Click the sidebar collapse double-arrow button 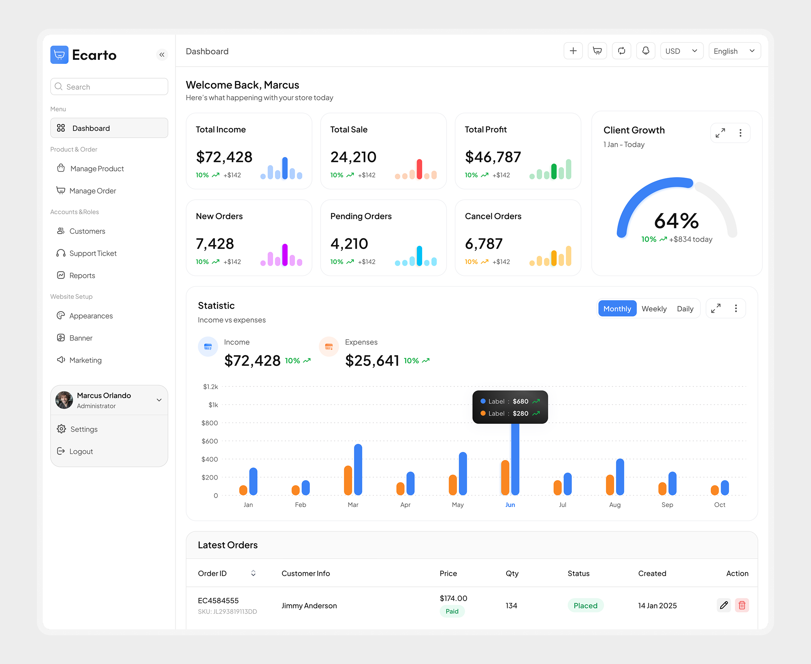tap(162, 55)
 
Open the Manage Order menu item tap(93, 191)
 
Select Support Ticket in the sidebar tap(93, 253)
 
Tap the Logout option tap(81, 452)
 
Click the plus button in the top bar tap(573, 51)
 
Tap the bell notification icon tap(645, 51)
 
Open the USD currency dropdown tap(682, 51)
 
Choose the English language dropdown tap(734, 51)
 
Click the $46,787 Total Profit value tap(492, 157)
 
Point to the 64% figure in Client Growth tap(676, 221)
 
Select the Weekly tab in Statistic tap(654, 309)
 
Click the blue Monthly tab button tap(617, 309)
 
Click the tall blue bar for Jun tap(515, 459)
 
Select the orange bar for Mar tap(348, 480)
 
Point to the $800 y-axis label tap(209, 423)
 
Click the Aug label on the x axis tap(615, 505)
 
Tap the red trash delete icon tap(742, 605)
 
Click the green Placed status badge tap(585, 605)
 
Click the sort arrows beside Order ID tap(253, 573)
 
